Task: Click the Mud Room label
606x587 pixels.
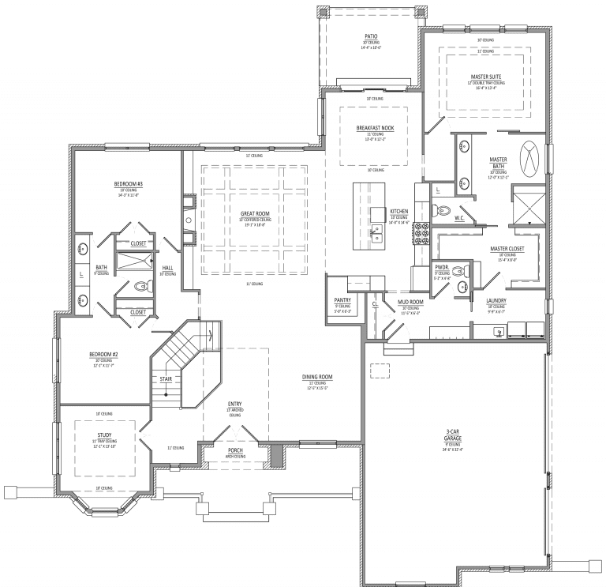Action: pos(409,302)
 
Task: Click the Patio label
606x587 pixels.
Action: pos(371,36)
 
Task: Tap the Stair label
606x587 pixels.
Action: pos(166,379)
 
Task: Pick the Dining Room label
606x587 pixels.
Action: pos(317,378)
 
